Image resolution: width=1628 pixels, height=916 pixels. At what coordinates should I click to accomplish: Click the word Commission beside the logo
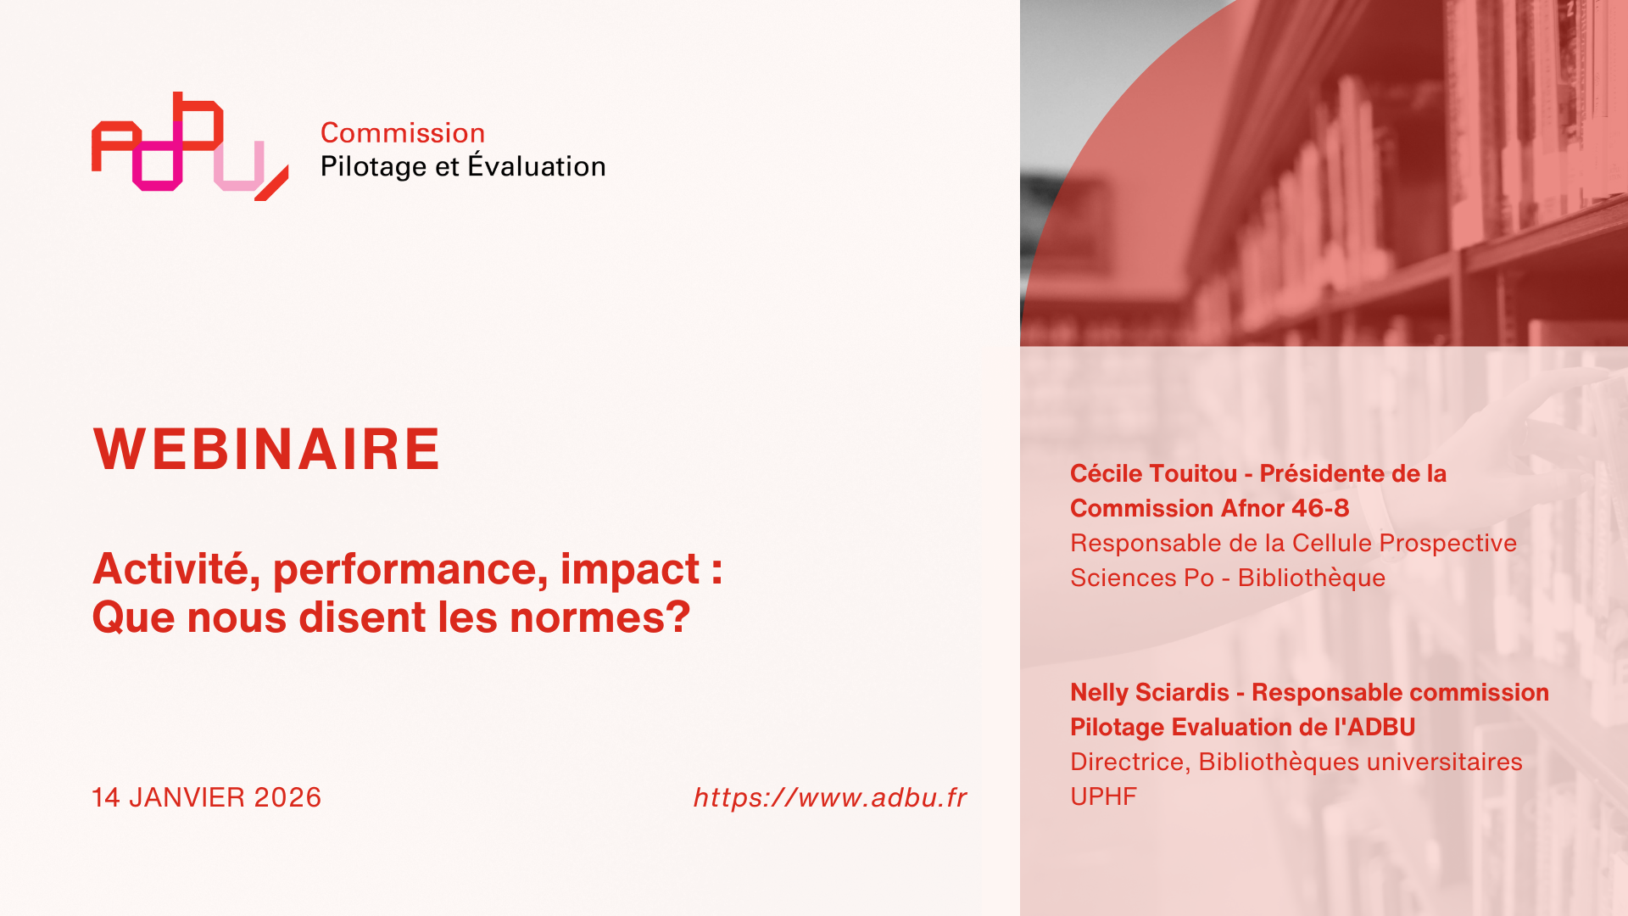tap(403, 133)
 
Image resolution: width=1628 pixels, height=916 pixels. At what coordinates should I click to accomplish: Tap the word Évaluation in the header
tap(537, 165)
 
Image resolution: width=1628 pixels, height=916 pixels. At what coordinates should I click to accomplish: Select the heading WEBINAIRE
tap(266, 449)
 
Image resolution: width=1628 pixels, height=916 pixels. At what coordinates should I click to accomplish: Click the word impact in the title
tap(630, 569)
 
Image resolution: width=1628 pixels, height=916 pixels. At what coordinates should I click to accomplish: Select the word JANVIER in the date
tap(187, 797)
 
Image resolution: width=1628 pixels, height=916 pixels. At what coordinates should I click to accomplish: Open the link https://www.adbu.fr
tap(830, 797)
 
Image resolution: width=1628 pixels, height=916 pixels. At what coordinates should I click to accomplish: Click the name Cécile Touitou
tap(1153, 473)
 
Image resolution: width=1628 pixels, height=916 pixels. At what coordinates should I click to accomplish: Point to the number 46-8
tap(1320, 508)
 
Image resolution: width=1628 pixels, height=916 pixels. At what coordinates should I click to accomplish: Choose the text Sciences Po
tap(1142, 578)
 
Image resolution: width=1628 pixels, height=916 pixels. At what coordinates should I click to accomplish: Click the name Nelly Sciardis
tap(1149, 692)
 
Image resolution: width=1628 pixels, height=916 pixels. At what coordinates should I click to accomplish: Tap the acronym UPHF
tap(1103, 796)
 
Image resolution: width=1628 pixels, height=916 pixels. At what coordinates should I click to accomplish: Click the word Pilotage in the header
tap(374, 166)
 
